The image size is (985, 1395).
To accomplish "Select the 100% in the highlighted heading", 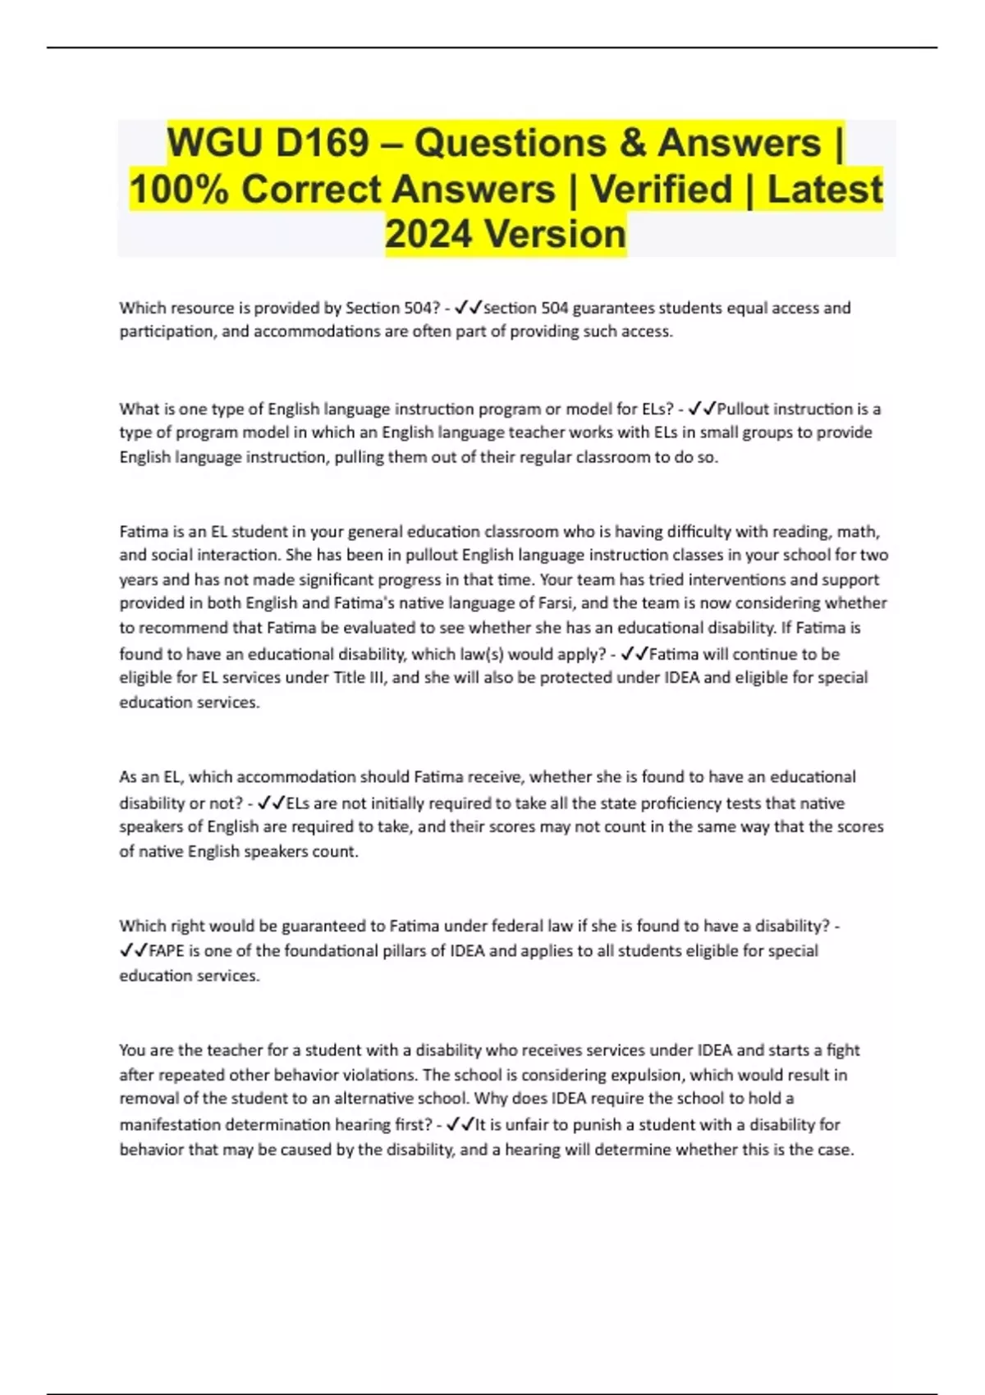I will pyautogui.click(x=178, y=190).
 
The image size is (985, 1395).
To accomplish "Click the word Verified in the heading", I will pyautogui.click(x=661, y=190).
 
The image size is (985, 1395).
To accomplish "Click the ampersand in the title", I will pyautogui.click(x=633, y=144).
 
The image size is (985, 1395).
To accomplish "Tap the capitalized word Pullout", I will pyautogui.click(x=744, y=409).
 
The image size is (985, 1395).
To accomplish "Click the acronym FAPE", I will pyautogui.click(x=167, y=951).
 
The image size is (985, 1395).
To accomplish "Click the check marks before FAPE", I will pyautogui.click(x=134, y=951).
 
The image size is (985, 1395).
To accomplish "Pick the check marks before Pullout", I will pyautogui.click(x=702, y=409).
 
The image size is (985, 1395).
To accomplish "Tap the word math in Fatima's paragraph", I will pyautogui.click(x=858, y=532).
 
